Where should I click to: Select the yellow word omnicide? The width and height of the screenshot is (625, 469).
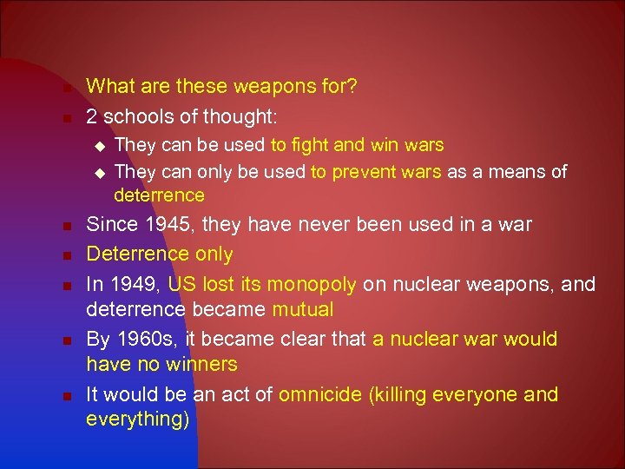point(320,394)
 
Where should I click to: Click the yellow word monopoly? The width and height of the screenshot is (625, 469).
point(311,284)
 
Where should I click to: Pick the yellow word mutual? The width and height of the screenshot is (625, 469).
point(303,309)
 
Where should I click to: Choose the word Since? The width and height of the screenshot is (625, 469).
point(111,225)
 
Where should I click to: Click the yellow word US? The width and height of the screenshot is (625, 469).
point(182,284)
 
